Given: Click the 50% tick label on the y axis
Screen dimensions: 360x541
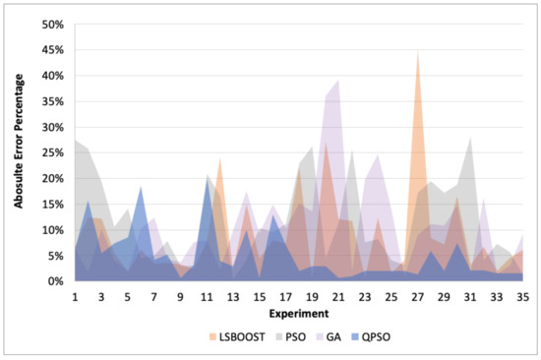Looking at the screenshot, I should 51,25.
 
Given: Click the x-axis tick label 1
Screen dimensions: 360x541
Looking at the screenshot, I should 75,295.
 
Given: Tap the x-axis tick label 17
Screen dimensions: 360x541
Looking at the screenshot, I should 285,295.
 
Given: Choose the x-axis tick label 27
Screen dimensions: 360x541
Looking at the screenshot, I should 417,295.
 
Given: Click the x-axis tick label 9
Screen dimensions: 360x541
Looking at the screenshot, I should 180,295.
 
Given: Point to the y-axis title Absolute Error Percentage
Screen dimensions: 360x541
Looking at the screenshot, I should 20,152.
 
